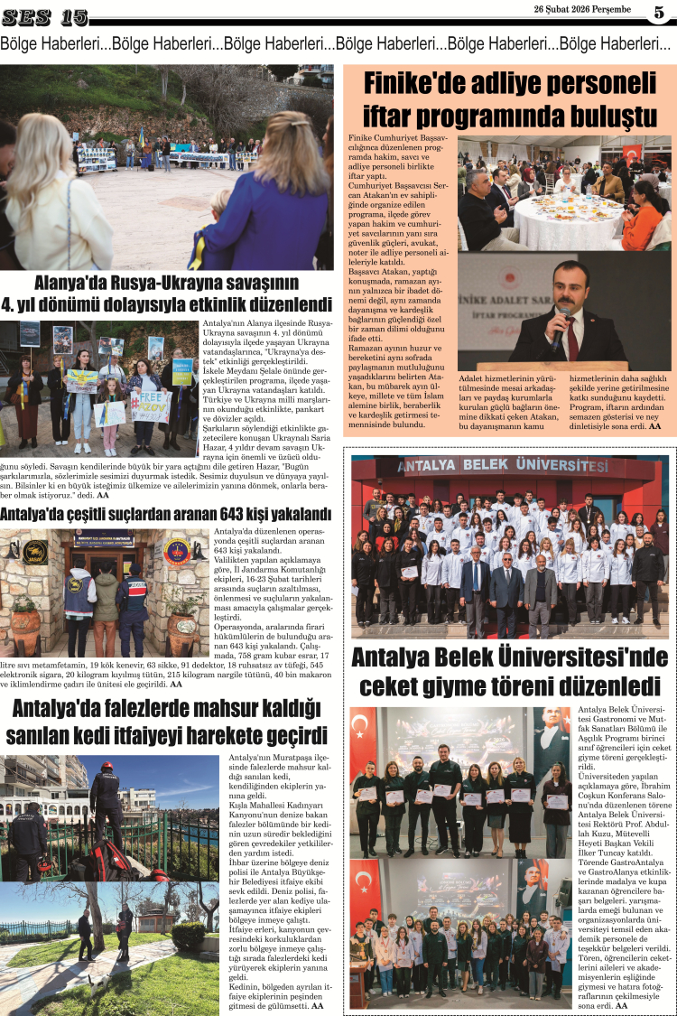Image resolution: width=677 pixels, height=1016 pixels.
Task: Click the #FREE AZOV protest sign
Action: click(151, 405)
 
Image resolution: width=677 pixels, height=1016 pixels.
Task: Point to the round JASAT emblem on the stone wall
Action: click(33, 552)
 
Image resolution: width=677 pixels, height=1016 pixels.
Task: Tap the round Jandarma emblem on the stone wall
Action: click(176, 551)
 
